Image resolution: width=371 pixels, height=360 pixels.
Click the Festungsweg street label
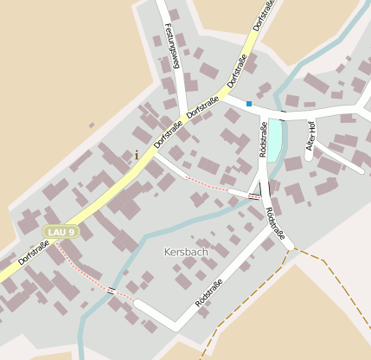(x=171, y=45)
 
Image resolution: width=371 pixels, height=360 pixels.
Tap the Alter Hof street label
(x=310, y=135)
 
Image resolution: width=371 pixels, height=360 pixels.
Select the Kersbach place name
(x=186, y=252)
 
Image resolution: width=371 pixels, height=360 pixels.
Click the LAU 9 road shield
(x=61, y=232)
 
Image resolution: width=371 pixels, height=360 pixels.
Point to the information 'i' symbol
(x=136, y=155)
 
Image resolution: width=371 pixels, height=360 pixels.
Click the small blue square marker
(x=249, y=104)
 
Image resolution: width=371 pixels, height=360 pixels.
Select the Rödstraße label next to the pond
(x=263, y=138)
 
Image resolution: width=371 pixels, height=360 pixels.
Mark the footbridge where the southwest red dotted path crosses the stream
(x=111, y=291)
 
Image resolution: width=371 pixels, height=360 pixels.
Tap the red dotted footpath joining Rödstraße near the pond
(x=208, y=184)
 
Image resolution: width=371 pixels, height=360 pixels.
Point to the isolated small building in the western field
(x=92, y=125)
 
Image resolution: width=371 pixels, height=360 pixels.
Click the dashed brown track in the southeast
(x=251, y=299)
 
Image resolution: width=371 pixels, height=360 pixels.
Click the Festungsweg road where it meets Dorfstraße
(x=183, y=111)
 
